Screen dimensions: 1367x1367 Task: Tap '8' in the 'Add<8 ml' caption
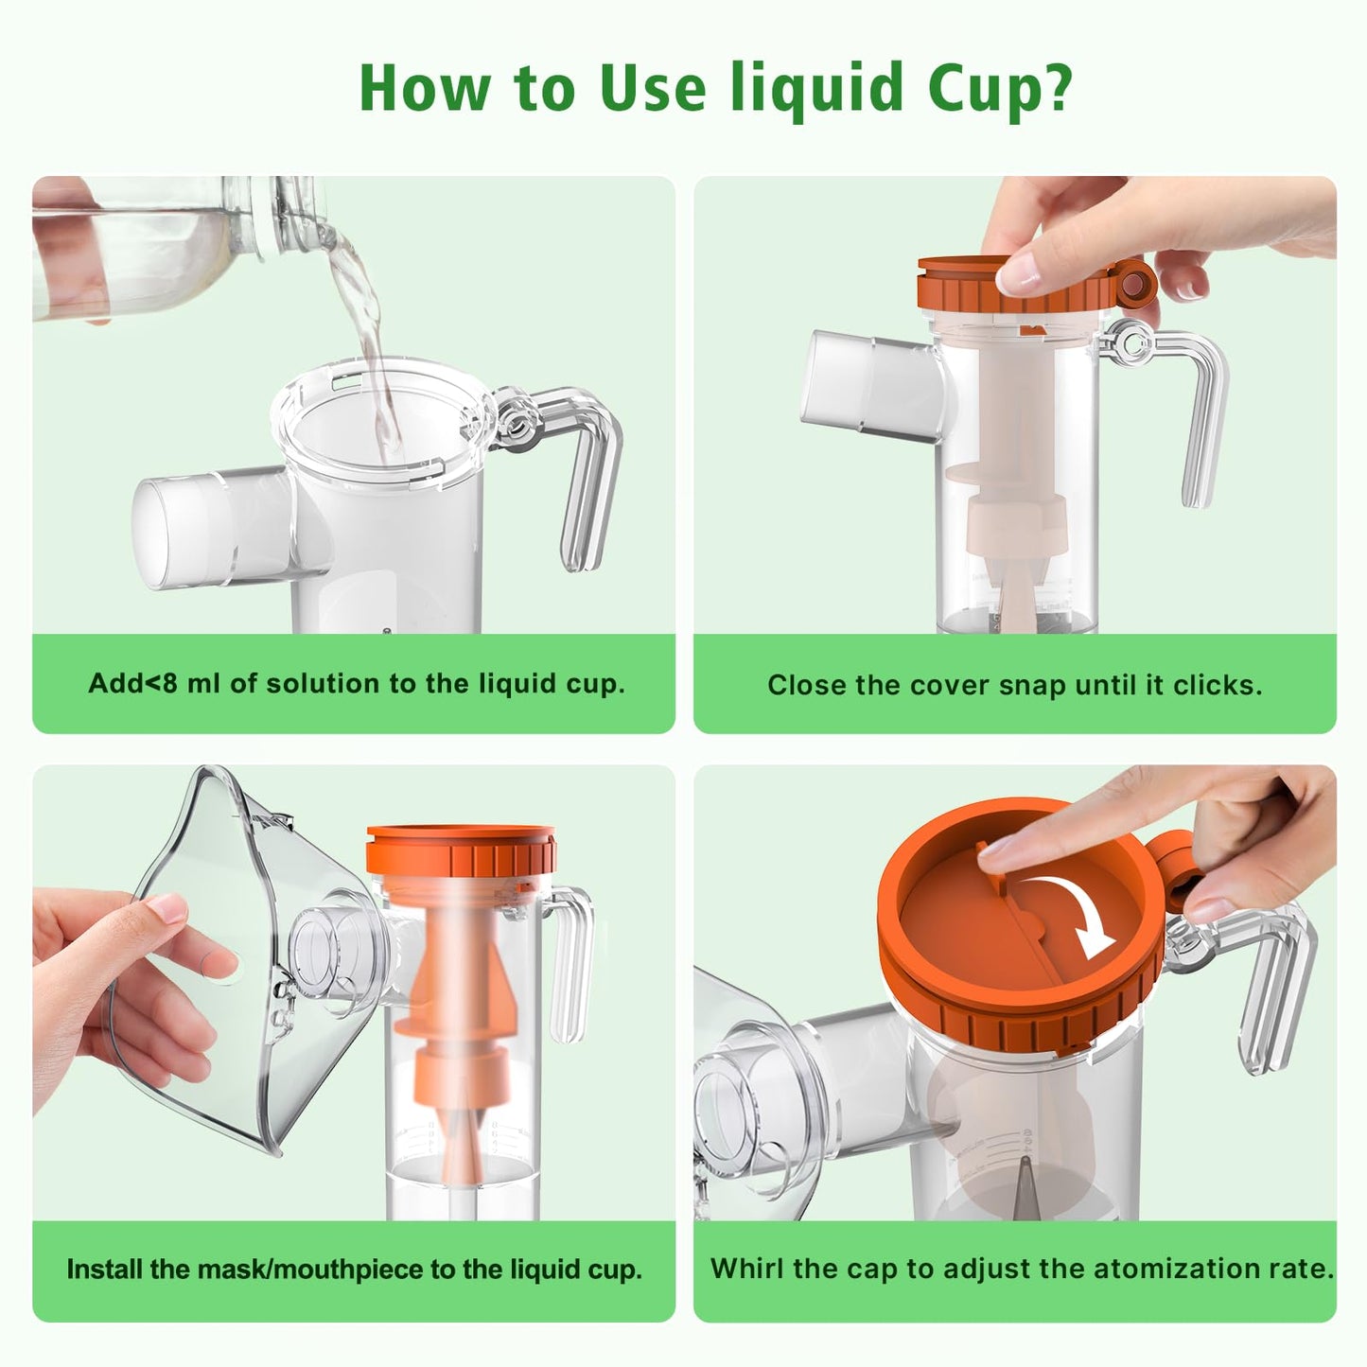click(x=170, y=683)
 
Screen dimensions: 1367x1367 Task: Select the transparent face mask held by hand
click(x=246, y=965)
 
